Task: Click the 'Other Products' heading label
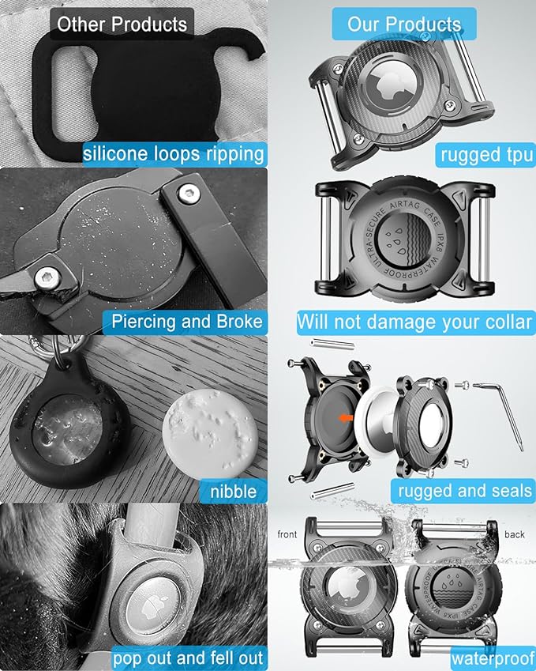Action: (x=122, y=25)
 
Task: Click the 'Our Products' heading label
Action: (x=404, y=25)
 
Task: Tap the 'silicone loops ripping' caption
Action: (x=174, y=154)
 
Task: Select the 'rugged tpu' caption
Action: (x=486, y=155)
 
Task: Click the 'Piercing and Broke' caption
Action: (x=185, y=322)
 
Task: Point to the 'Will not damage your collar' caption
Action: (x=415, y=322)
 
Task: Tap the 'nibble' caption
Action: (x=234, y=491)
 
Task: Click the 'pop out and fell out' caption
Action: (x=188, y=658)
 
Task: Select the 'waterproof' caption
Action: (x=493, y=659)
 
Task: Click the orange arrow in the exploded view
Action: (x=346, y=418)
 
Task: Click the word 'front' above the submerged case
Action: (x=287, y=534)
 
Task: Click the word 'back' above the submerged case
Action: (x=515, y=534)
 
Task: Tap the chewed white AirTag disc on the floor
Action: (x=211, y=432)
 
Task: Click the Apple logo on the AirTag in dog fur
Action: (x=151, y=607)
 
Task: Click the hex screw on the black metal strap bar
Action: (x=189, y=194)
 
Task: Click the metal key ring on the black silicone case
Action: (x=63, y=352)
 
